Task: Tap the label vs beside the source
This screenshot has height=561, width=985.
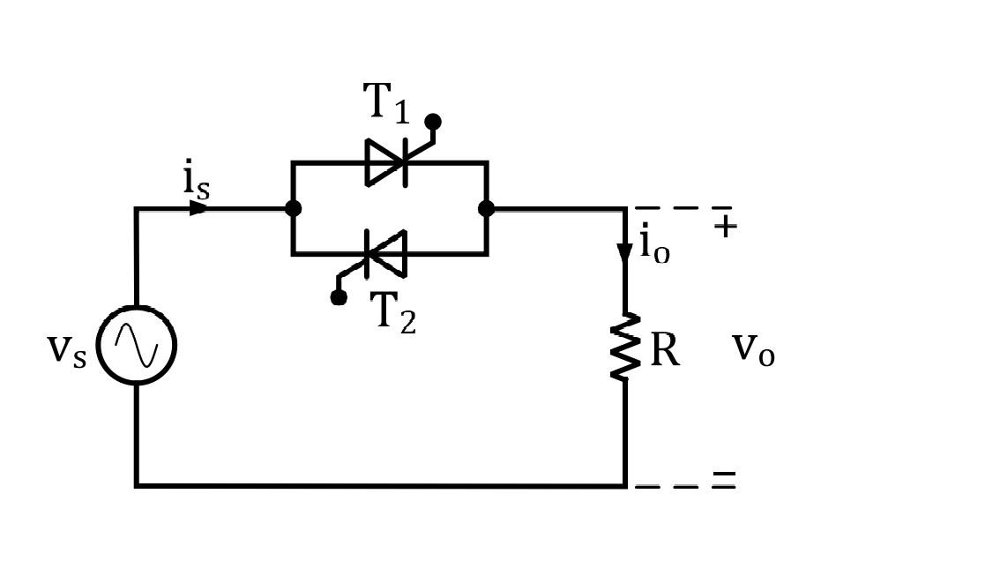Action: pos(66,348)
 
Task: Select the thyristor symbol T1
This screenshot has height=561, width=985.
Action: pos(387,162)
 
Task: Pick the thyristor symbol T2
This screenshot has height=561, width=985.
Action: pos(386,254)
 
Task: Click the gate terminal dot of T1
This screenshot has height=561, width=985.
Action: pos(433,122)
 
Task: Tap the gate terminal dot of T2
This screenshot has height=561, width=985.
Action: pos(339,297)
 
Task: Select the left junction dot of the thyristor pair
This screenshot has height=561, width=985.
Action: pos(293,208)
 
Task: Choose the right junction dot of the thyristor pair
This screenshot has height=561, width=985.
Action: pos(486,208)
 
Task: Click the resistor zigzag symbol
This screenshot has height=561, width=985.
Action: pos(625,348)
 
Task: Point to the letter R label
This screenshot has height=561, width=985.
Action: pos(664,350)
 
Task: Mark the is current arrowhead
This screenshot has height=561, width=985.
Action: pos(198,208)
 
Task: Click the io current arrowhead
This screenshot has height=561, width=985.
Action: pos(624,253)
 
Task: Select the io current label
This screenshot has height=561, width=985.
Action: pos(653,243)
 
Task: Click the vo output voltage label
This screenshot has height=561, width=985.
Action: pos(753,349)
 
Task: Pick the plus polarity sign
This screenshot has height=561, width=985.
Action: pos(725,227)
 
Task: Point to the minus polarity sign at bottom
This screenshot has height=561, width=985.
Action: pos(724,477)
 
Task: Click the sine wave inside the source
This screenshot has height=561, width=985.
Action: pos(137,345)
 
